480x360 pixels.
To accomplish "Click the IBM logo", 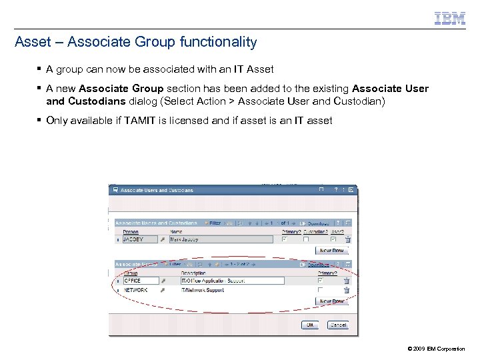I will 449,19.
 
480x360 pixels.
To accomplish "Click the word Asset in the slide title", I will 31,42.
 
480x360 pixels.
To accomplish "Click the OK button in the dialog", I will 309,325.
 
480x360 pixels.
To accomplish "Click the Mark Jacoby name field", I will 221,239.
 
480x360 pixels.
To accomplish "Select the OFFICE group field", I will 141,281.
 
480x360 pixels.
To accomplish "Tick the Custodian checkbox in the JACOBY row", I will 306,239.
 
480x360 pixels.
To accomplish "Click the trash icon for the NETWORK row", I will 347,291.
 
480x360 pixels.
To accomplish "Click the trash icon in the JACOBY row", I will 347,239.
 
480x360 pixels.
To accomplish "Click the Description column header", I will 193,273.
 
